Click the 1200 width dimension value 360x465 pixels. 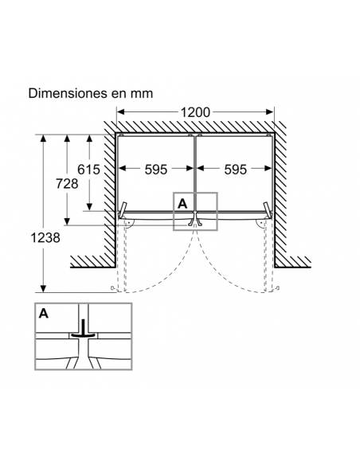tap(195, 112)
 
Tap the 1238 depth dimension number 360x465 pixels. tap(45, 237)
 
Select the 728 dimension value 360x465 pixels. tap(67, 184)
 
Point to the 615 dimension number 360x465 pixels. tap(88, 170)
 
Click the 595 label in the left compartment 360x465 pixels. tap(156, 170)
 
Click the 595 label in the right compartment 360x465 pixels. tap(235, 170)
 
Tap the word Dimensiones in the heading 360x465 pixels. tap(68, 93)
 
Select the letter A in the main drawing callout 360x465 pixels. tap(182, 204)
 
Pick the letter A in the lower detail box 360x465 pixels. tap(43, 313)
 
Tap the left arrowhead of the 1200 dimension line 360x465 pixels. tap(120, 111)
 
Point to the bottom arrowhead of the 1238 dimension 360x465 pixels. tap(43, 288)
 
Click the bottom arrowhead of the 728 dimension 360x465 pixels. tap(67, 221)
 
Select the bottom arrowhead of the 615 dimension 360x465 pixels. tap(89, 207)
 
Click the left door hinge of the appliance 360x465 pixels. tap(123, 209)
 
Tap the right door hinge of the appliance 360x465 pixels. tap(268, 209)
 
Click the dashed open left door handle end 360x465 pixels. tap(112, 288)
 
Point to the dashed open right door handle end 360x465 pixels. tap(277, 288)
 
